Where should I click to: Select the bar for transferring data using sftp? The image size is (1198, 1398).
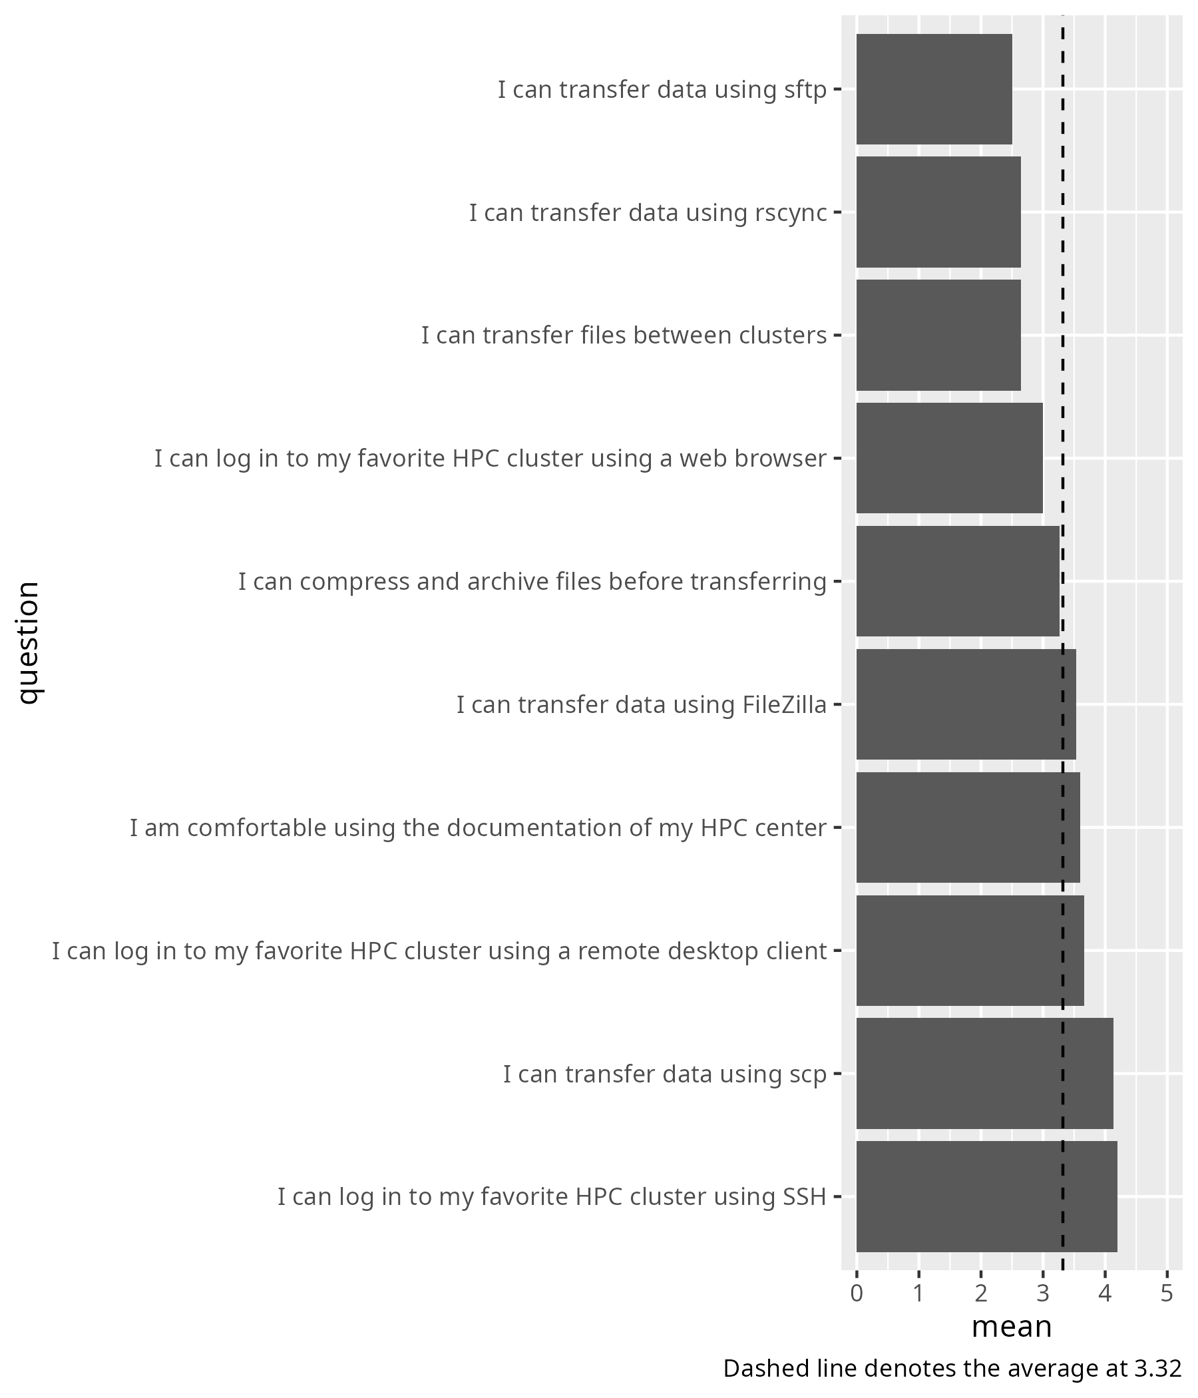click(x=934, y=89)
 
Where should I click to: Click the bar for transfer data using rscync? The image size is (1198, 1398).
click(x=938, y=212)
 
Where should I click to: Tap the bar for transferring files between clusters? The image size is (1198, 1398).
click(x=938, y=336)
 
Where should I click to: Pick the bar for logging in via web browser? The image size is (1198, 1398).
click(x=949, y=458)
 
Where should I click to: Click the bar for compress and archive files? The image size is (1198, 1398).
click(x=957, y=581)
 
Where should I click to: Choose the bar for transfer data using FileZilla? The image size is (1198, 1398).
click(x=965, y=704)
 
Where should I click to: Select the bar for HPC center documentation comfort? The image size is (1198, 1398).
click(x=967, y=827)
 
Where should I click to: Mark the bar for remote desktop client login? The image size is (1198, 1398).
click(x=969, y=951)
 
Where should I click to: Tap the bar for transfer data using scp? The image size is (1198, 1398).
click(x=984, y=1073)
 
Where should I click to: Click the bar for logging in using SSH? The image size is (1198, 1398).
click(x=986, y=1196)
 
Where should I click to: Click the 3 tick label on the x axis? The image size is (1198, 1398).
click(x=1043, y=1294)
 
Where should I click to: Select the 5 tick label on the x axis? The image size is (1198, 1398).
click(x=1167, y=1294)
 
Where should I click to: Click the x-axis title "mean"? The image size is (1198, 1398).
click(x=1011, y=1327)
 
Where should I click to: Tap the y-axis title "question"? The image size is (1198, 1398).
click(x=29, y=642)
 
